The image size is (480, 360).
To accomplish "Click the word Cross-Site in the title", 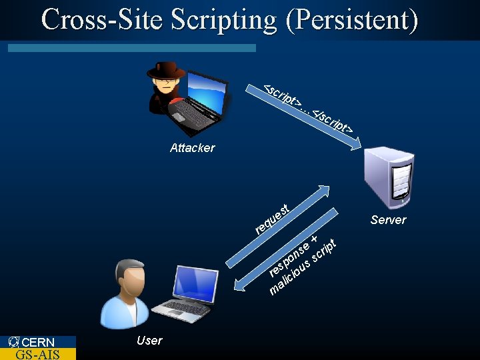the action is tap(102, 19).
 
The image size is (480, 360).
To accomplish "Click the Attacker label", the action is tap(192, 148).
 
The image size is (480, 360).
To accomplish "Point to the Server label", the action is tap(388, 220).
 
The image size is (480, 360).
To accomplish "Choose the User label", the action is tap(149, 341).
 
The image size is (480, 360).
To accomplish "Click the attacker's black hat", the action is tap(165, 70).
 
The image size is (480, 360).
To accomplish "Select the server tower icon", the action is tap(389, 175).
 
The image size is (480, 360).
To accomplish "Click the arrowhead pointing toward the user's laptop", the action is tap(241, 287).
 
